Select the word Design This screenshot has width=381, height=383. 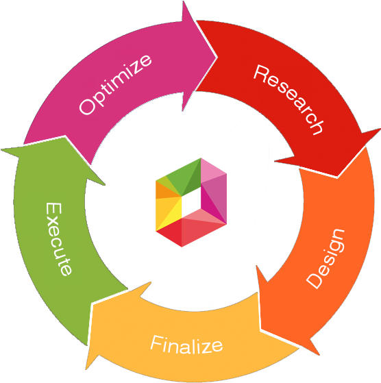coord(326,258)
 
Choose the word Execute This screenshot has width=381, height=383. coord(58,238)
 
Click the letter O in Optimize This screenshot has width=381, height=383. coord(86,107)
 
